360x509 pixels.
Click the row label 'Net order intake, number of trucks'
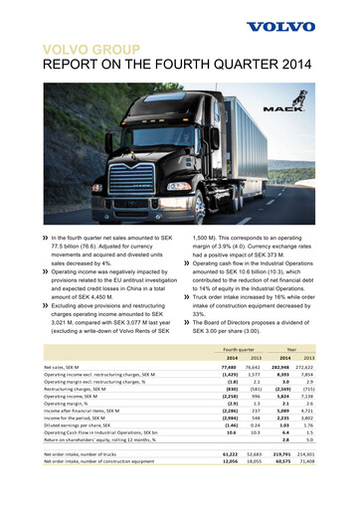coord(90,480)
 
